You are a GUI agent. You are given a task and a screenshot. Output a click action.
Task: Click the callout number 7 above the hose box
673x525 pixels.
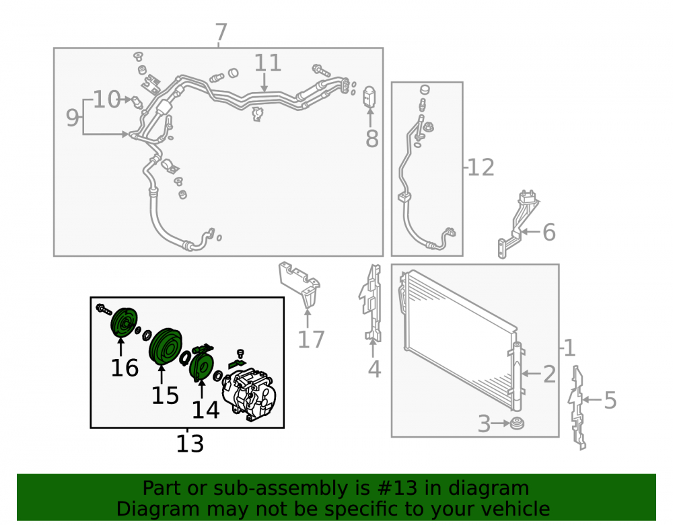click(x=221, y=32)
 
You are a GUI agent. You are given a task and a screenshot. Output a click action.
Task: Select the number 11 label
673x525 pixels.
click(x=268, y=63)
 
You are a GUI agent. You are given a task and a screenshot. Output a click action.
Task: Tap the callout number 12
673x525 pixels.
click(x=481, y=167)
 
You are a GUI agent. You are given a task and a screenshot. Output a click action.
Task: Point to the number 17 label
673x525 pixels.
click(x=311, y=340)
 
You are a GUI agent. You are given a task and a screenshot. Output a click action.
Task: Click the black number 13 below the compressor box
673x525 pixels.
click(x=190, y=444)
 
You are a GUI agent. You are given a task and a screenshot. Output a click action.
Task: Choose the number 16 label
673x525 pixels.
click(x=125, y=368)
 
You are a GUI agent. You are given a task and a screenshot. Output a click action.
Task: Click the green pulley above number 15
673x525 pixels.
click(x=166, y=346)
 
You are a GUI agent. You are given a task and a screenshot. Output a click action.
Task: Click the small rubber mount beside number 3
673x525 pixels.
click(x=517, y=423)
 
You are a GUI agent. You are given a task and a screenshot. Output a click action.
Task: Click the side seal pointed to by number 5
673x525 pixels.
click(x=577, y=407)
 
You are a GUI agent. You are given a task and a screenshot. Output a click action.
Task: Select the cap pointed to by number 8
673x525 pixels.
click(x=369, y=96)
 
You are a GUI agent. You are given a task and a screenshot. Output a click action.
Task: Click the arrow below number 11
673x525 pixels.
click(x=264, y=82)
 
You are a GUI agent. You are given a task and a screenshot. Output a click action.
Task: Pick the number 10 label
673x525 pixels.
click(x=107, y=99)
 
